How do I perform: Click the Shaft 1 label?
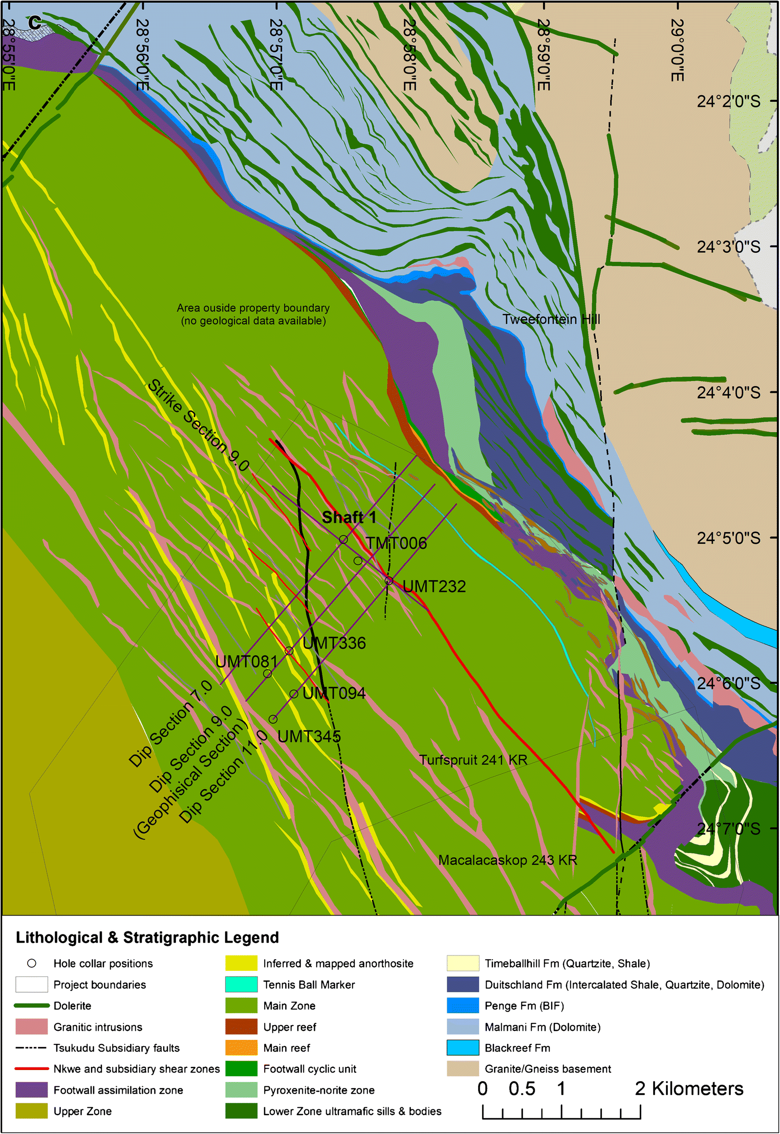pos(349,517)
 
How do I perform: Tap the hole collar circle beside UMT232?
pos(389,581)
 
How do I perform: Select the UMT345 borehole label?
pos(309,737)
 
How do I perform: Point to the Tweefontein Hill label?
pos(551,319)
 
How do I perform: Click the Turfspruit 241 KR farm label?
pos(473,760)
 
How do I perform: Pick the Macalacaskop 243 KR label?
pos(508,860)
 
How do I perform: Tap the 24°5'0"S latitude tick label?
pos(728,538)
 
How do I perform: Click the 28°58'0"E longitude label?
pos(409,55)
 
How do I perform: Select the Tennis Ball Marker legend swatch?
pos(241,985)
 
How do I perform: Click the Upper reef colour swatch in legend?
pos(241,1027)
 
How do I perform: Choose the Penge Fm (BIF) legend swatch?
pos(463,1006)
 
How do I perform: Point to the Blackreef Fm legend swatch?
pos(463,1048)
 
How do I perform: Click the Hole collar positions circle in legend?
pos(32,964)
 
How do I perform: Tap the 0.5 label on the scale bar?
pos(522,1089)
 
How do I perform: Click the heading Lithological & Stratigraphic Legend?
pos(147,938)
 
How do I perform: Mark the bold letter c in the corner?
pos(34,21)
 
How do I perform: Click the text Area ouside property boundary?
pos(253,308)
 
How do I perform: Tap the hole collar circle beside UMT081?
pos(267,674)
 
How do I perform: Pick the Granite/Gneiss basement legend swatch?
pos(463,1069)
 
